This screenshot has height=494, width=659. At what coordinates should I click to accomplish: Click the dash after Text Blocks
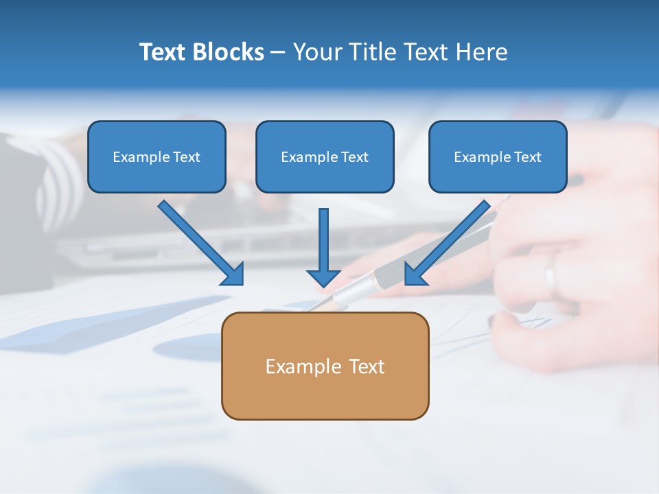tap(278, 53)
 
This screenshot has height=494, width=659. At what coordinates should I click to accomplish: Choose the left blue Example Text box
tap(157, 156)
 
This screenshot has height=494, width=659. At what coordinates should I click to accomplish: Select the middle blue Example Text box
tap(325, 156)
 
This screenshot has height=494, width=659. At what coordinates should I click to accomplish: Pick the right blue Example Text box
tap(498, 156)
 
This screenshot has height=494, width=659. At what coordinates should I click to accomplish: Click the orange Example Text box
tap(325, 366)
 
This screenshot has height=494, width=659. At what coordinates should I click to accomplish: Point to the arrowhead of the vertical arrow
tap(323, 277)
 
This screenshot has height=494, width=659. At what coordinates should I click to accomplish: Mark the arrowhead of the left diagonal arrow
tap(233, 274)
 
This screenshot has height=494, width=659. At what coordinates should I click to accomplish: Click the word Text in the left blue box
tap(186, 157)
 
